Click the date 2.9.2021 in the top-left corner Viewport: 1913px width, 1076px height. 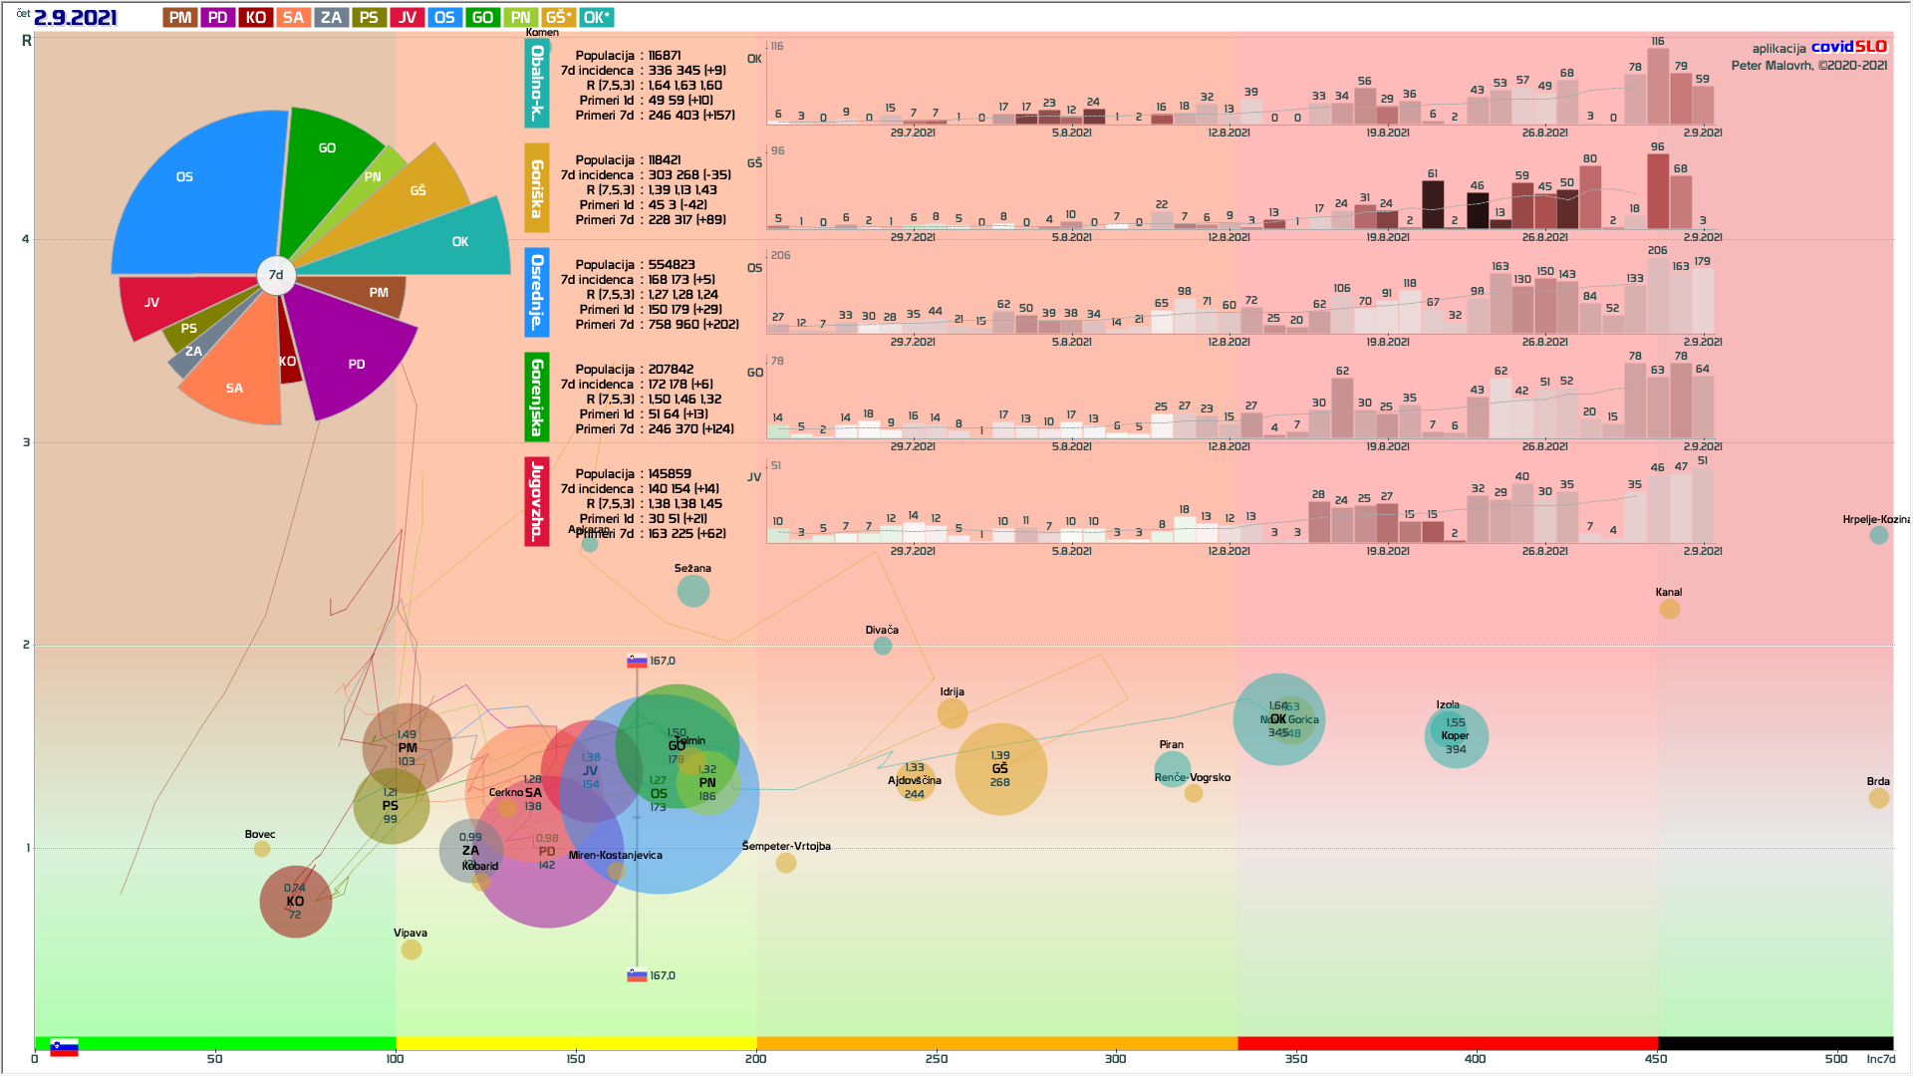[76, 18]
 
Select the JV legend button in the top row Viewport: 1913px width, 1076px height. [408, 18]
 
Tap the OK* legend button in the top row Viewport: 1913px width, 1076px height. [597, 18]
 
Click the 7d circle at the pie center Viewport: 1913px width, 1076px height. [276, 275]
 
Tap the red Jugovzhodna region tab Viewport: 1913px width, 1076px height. [537, 501]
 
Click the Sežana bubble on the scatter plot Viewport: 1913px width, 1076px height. [693, 591]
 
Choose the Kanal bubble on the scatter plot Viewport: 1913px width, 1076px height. [1670, 608]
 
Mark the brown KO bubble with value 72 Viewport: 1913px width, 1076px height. [295, 903]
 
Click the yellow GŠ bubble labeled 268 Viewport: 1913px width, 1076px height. [1000, 769]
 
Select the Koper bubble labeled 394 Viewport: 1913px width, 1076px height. [1457, 737]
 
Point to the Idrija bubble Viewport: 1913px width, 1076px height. [953, 712]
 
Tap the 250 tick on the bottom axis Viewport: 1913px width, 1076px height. [936, 1059]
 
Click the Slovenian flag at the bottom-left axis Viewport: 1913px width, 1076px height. [64, 1048]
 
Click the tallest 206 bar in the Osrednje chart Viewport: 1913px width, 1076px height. [1658, 295]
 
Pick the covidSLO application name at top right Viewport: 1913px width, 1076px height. [1848, 47]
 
